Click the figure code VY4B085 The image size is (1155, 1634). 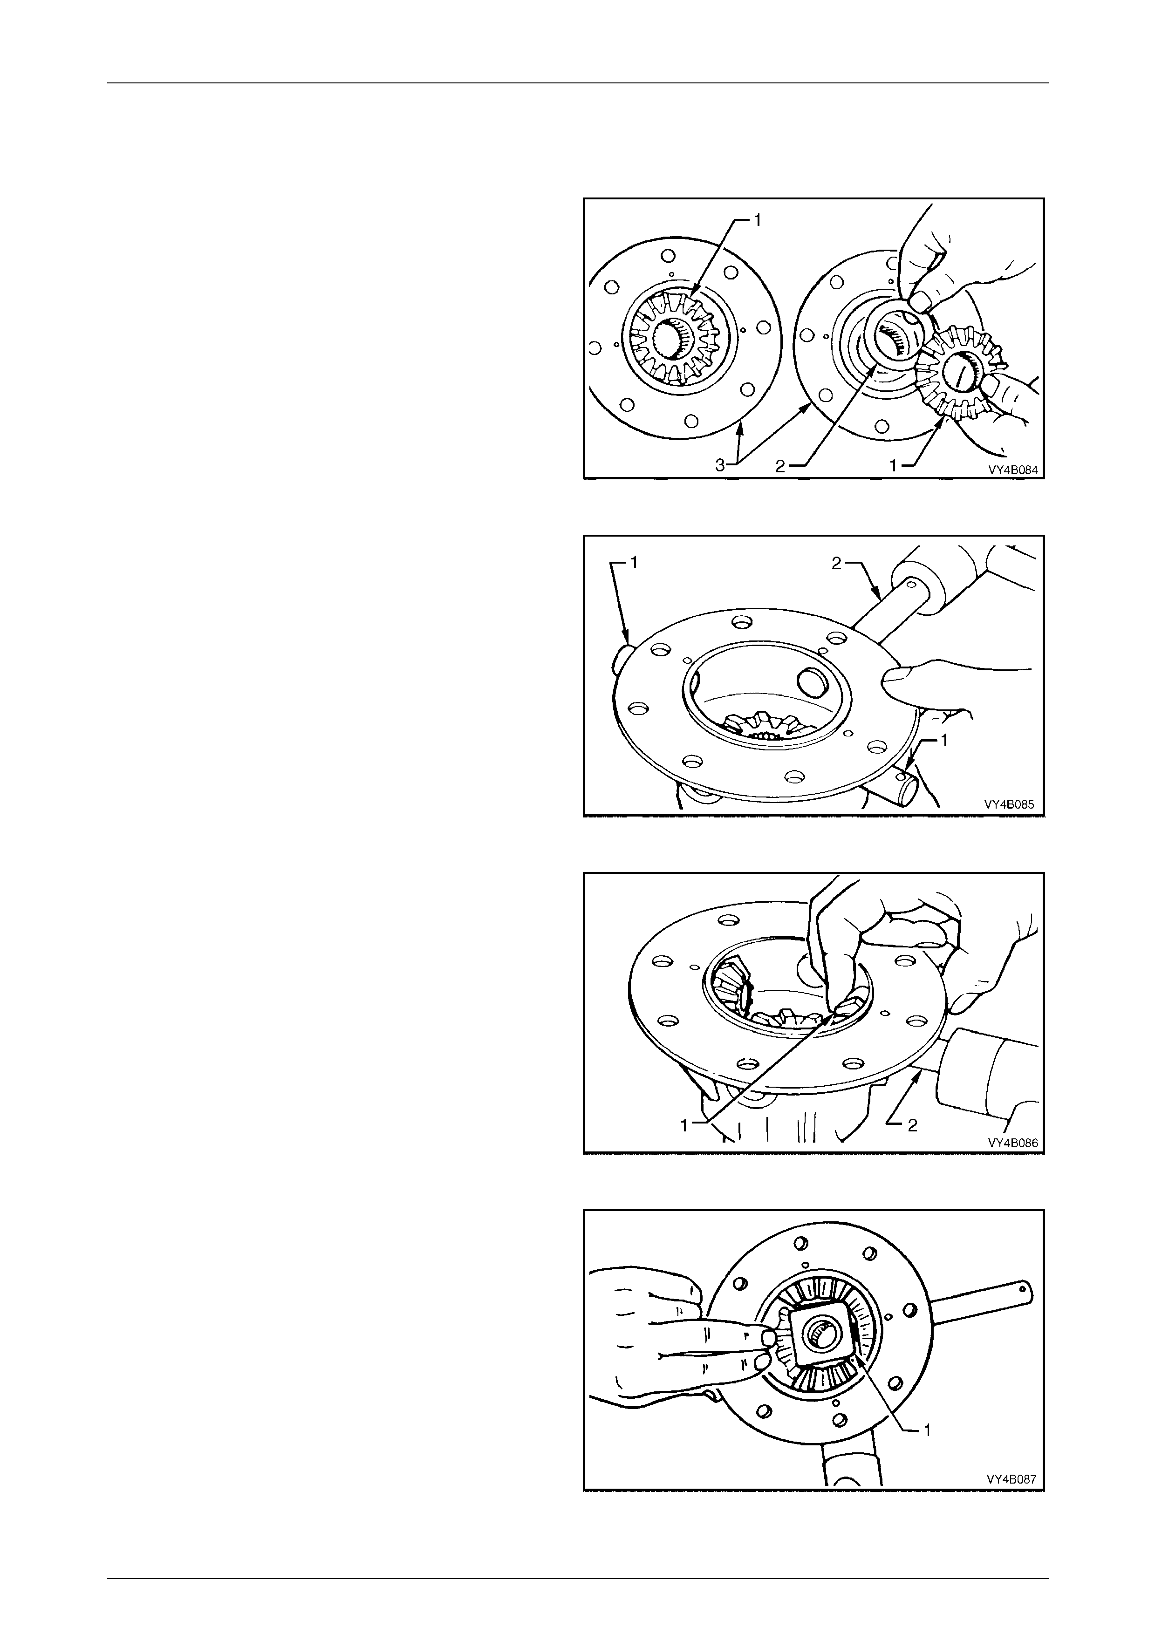tap(1009, 805)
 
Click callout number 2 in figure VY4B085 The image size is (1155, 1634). tap(836, 564)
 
